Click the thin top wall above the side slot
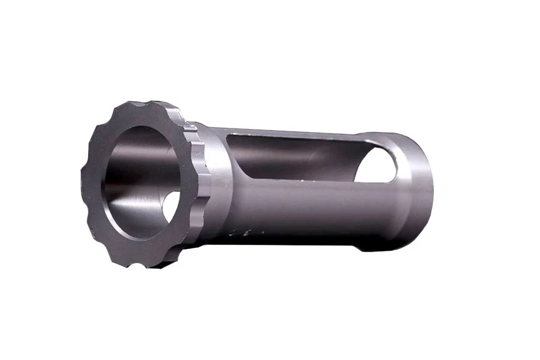[300, 133]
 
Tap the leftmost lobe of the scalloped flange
[84, 180]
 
